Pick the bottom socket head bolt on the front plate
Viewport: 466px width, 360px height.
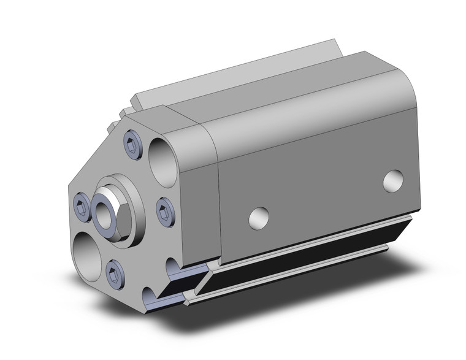point(113,270)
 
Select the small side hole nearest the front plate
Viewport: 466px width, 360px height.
point(259,216)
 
